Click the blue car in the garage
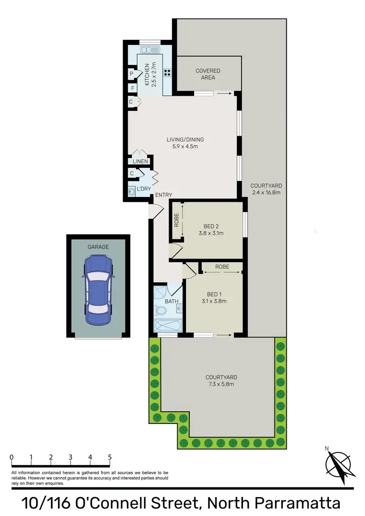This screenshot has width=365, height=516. click(x=98, y=291)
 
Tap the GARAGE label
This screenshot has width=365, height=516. click(x=98, y=247)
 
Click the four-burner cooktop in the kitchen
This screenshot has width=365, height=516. click(x=168, y=73)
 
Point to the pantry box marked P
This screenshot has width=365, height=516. click(x=132, y=74)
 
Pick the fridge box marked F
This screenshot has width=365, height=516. click(x=132, y=89)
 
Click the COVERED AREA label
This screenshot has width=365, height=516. click(x=208, y=74)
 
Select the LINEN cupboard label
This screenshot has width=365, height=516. click(x=140, y=161)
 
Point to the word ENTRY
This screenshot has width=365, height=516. click(x=163, y=195)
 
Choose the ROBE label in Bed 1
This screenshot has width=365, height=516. click(x=222, y=267)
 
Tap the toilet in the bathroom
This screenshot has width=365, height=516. click(x=160, y=309)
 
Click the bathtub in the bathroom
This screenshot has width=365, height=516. click(x=166, y=325)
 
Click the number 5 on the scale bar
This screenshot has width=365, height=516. click(x=110, y=457)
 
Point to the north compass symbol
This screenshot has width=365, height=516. click(x=338, y=463)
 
